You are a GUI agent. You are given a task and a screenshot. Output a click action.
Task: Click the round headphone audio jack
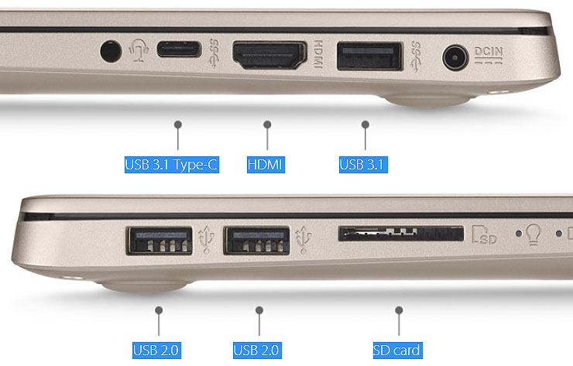(111, 51)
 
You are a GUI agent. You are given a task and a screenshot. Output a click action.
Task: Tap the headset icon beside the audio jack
(139, 50)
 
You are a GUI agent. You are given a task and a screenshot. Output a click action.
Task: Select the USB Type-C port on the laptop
(179, 50)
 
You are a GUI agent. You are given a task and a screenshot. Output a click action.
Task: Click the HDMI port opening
(269, 56)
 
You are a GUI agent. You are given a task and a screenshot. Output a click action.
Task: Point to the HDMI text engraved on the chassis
(318, 54)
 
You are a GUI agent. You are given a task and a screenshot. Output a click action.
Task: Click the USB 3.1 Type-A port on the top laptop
(370, 56)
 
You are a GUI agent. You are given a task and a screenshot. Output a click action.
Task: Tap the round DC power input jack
(455, 57)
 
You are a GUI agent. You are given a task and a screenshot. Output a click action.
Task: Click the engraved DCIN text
(489, 52)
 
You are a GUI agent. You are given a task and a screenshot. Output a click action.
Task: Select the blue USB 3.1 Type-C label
(172, 165)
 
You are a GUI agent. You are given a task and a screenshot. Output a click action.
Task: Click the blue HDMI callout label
(266, 165)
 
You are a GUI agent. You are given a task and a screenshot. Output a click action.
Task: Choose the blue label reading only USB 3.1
(363, 165)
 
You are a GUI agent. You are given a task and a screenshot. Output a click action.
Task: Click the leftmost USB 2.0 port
(160, 241)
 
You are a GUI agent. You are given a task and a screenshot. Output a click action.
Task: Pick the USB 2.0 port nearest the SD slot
(257, 241)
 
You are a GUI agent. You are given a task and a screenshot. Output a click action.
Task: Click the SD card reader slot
(401, 233)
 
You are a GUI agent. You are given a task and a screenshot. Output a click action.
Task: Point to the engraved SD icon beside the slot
(484, 235)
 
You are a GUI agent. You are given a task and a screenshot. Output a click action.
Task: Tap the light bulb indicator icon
(534, 234)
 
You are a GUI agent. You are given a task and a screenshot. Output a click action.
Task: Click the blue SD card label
(397, 351)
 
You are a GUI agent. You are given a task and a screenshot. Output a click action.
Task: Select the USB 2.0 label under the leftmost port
(156, 351)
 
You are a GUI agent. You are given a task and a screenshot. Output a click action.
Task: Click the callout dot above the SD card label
(399, 310)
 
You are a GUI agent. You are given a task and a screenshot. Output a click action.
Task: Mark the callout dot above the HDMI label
(267, 125)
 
